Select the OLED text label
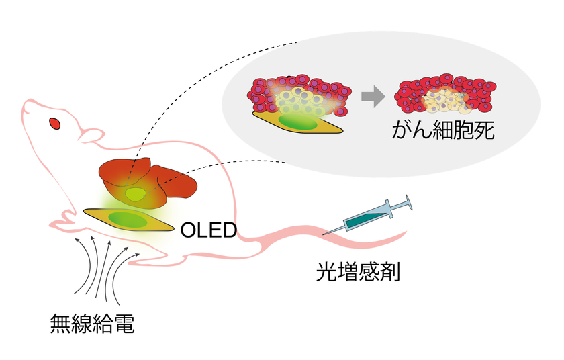coord(209,230)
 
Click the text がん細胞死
coord(443,130)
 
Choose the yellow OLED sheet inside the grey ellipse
coord(295,122)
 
